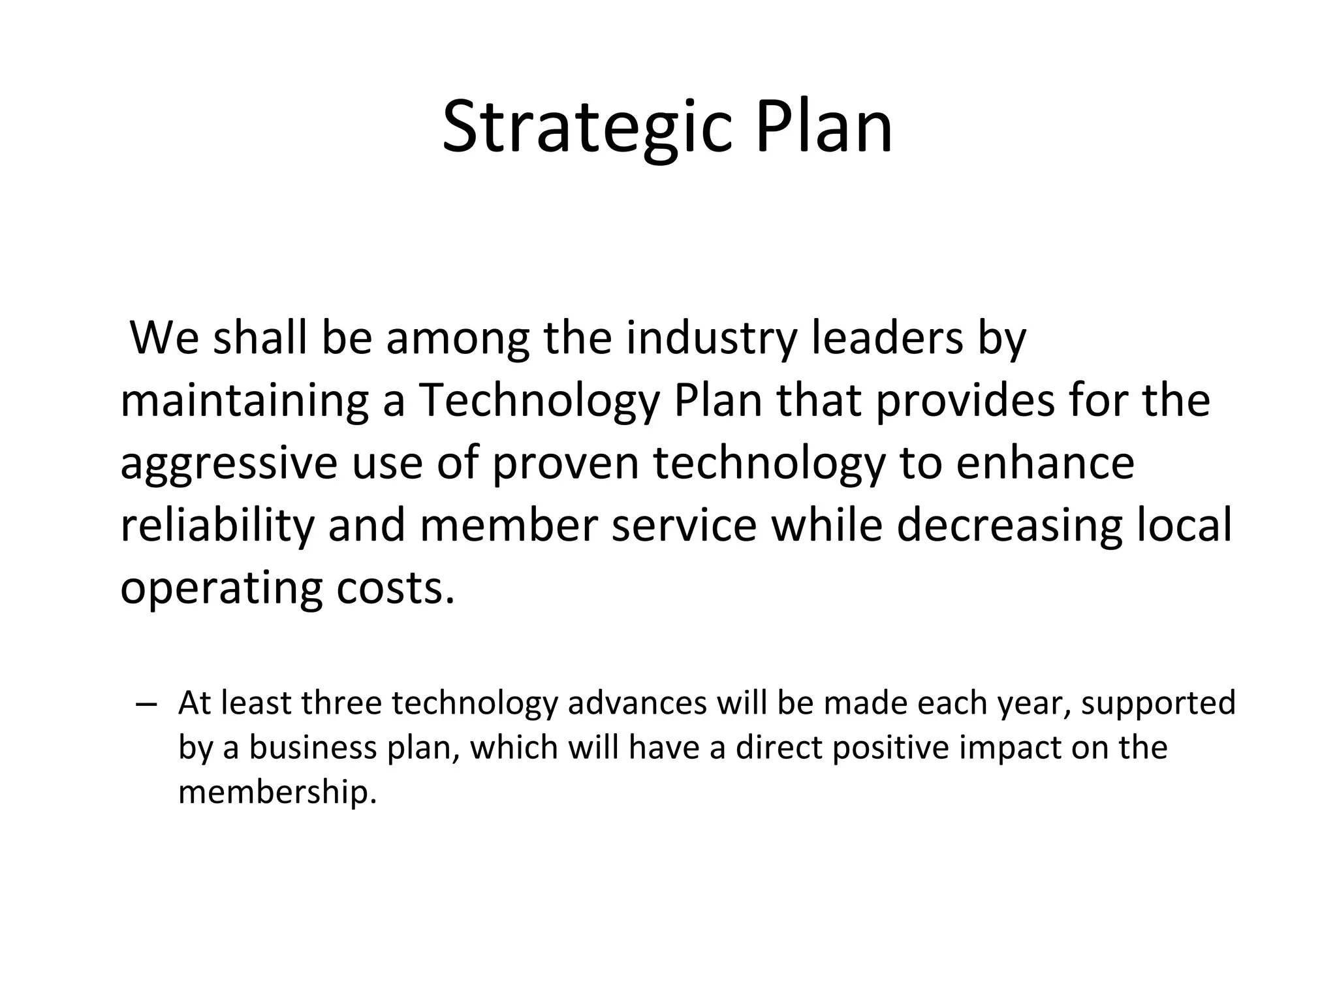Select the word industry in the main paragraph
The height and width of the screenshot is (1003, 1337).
[712, 338]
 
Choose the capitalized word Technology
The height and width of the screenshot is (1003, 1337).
[539, 400]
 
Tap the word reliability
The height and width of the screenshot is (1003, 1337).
[217, 525]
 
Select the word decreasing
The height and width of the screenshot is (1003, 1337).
[1009, 525]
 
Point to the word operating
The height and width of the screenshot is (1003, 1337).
[221, 588]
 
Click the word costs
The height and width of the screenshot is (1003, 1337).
[395, 588]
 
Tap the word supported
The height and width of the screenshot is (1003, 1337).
[1158, 703]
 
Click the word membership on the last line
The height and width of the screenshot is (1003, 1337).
[277, 793]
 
